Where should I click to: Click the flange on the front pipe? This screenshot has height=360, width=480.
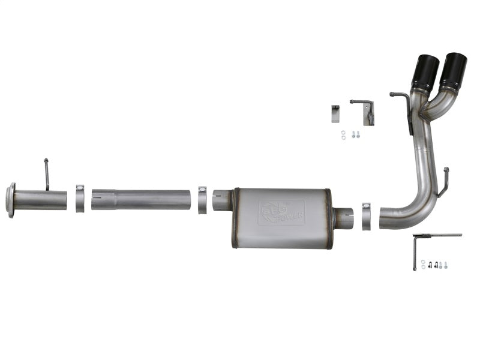pos(10,200)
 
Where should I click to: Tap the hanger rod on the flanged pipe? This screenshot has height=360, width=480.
pos(46,174)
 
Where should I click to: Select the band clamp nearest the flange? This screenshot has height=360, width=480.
pos(79,199)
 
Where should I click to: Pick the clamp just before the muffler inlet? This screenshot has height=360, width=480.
pos(202,199)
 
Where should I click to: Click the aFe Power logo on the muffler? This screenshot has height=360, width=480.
pos(282,212)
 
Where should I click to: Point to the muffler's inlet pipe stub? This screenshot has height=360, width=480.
pos(222,200)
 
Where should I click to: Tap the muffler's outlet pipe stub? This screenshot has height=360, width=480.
pos(344,218)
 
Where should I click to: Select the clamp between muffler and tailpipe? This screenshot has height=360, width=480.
pos(366,215)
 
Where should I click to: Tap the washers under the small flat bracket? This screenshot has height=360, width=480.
pos(343,135)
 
